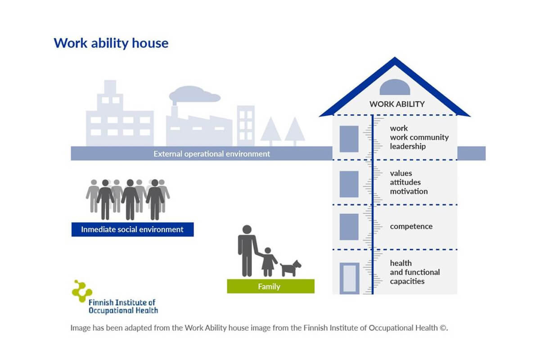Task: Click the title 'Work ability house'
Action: [x=111, y=43]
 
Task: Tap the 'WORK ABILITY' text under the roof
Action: [x=397, y=104]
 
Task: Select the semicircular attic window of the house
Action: [x=395, y=87]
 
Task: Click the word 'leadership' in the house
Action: [x=408, y=146]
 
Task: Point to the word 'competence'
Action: [x=411, y=226]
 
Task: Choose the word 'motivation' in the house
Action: [x=409, y=191]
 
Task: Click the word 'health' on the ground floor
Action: [x=401, y=263]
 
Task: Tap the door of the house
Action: [x=349, y=278]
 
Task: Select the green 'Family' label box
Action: [x=271, y=286]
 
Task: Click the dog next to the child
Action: [x=291, y=268]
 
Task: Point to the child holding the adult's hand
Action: [x=268, y=262]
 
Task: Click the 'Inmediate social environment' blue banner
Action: [x=133, y=229]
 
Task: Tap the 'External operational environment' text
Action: [x=211, y=154]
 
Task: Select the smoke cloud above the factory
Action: [x=194, y=94]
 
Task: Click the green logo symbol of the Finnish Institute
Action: [x=82, y=291]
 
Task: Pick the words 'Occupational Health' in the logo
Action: [x=123, y=310]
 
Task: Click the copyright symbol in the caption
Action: [x=443, y=328]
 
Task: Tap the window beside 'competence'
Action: [x=349, y=227]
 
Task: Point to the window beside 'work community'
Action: [x=349, y=139]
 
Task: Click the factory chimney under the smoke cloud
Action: [x=174, y=111]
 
